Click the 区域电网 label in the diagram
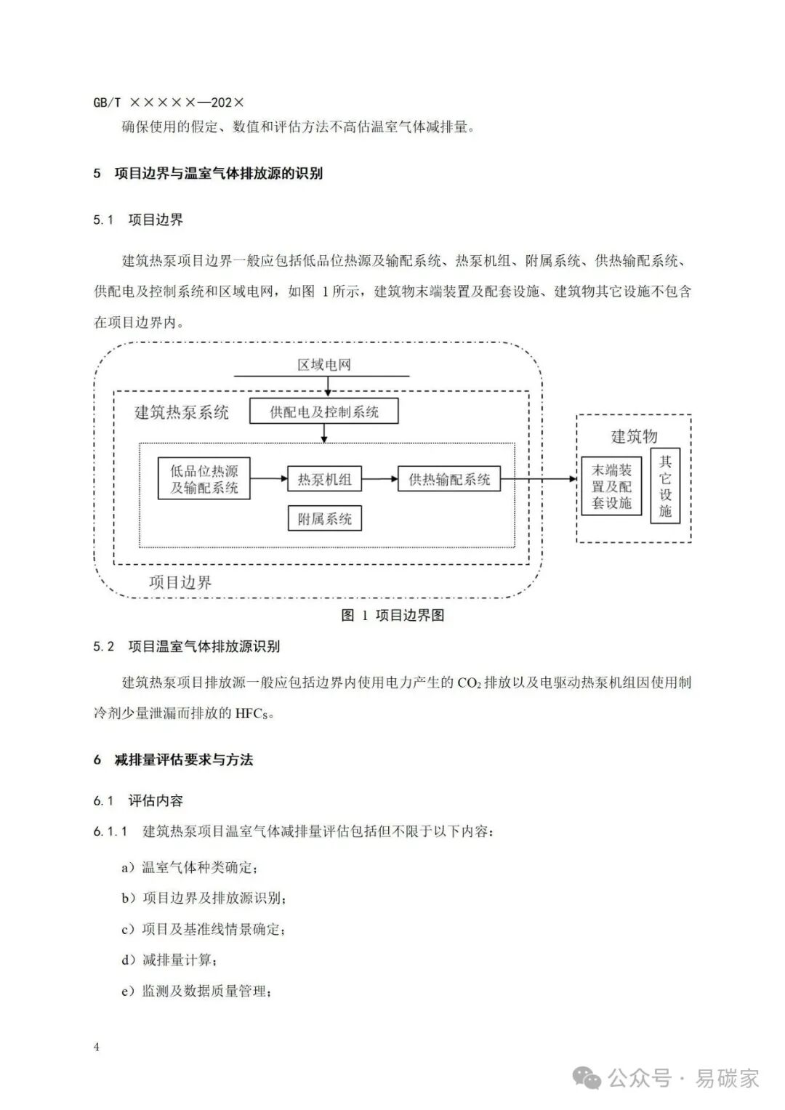click(323, 364)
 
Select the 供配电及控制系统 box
click(324, 412)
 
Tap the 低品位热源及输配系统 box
click(204, 479)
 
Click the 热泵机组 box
click(324, 479)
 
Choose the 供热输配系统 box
click(449, 479)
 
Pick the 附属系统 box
click(324, 518)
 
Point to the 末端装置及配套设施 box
click(611, 486)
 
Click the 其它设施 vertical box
click(665, 486)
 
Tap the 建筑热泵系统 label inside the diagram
click(182, 413)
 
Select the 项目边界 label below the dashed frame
click(181, 582)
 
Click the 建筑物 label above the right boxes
click(634, 436)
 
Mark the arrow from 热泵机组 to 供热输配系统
click(379, 479)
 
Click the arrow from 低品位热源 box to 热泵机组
click(268, 478)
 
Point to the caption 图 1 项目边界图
click(392, 615)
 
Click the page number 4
click(96, 1047)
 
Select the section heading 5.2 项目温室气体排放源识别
click(187, 646)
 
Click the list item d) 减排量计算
click(169, 960)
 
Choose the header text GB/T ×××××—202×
click(169, 102)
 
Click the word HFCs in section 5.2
click(254, 713)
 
